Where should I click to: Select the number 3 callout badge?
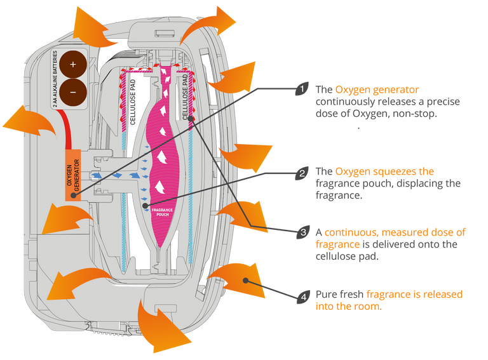point(304,232)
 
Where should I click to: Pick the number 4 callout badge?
point(304,295)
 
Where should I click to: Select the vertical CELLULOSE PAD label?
point(186,96)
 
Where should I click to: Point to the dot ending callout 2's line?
point(146,206)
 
